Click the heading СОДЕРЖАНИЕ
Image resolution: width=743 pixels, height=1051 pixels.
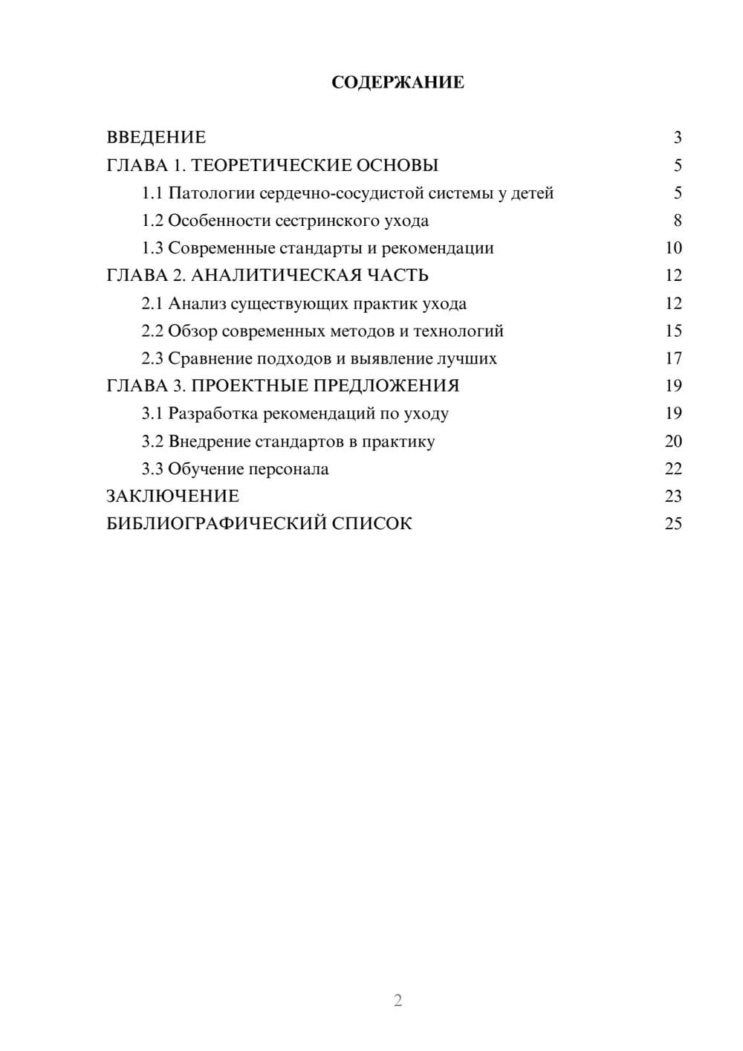coord(398,83)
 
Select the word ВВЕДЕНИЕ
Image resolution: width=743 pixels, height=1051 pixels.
coord(156,138)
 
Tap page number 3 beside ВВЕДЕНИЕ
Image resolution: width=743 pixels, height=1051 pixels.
coord(677,138)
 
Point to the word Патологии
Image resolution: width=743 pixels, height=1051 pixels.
coord(211,193)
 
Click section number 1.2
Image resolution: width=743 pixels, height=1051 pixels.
coord(152,221)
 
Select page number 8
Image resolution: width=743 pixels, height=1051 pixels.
coord(677,221)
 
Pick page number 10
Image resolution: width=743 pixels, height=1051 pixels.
coord(673,248)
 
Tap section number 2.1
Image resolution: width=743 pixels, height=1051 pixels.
coord(152,303)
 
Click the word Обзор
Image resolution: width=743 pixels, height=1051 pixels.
coord(192,331)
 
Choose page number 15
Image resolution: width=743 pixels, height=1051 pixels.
coord(673,331)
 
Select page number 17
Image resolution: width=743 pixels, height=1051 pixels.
coord(673,358)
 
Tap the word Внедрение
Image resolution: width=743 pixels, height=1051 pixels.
coord(210,442)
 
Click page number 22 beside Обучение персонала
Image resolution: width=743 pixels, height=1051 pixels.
coord(673,469)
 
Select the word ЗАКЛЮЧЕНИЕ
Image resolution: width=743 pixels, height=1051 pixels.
coord(172,497)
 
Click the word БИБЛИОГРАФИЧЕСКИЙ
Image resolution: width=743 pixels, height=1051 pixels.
coord(216,524)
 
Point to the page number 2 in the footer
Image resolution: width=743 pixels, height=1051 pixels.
coord(398,1000)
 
